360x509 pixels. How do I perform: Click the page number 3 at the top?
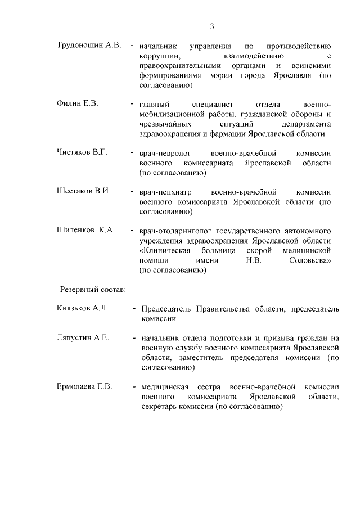point(213,26)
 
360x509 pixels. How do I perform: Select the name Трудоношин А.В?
point(89,45)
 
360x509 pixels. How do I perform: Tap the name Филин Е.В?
point(78,103)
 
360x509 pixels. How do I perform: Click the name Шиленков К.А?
point(85,229)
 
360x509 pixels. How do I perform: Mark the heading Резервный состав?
point(93,289)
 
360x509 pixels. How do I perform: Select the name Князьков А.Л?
point(82,309)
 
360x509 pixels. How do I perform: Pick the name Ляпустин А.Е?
point(82,338)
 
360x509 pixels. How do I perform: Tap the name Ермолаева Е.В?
point(84,386)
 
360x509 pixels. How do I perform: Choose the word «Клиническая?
point(166,250)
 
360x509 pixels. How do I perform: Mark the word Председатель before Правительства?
point(167,309)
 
